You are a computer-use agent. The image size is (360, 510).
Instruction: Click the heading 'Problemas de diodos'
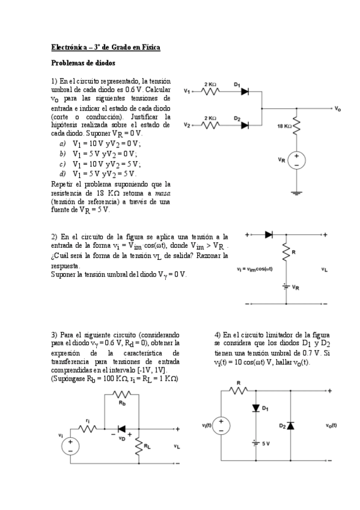point(83,63)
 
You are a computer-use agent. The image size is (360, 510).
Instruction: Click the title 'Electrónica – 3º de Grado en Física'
point(106,47)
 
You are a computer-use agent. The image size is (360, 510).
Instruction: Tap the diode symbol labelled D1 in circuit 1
point(245,91)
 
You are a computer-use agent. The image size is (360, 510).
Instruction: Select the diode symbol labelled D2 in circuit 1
point(245,125)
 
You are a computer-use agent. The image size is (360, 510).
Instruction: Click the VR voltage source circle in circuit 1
point(297,159)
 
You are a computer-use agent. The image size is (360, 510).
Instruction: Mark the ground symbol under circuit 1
point(297,192)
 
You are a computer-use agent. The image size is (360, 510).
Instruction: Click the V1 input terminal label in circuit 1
point(187,92)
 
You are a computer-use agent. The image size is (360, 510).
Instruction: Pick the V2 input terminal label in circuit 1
point(187,126)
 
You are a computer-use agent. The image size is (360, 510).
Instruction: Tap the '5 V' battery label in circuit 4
point(264,444)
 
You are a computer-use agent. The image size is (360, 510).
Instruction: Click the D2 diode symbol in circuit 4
point(291,425)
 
